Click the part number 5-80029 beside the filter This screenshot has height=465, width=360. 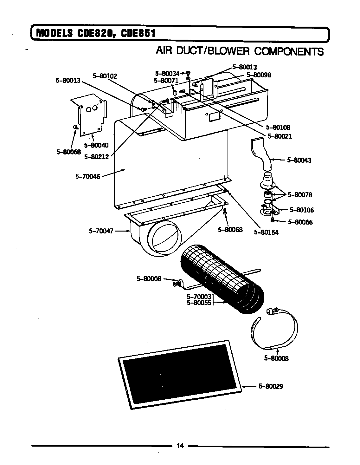(271, 386)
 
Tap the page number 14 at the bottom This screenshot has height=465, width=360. (180, 446)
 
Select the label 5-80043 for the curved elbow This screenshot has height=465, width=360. (299, 160)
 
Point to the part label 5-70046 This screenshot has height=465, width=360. (88, 176)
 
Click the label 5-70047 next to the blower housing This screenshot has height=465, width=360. (101, 231)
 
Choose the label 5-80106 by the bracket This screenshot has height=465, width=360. (301, 210)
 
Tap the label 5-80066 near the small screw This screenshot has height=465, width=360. (300, 222)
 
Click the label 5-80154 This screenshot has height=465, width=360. (266, 232)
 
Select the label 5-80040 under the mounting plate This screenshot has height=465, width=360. (96, 145)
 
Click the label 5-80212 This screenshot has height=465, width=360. (96, 157)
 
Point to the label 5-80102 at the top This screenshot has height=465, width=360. (105, 76)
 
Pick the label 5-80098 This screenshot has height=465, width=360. (259, 75)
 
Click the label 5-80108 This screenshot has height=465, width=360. (278, 128)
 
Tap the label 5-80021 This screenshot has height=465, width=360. (280, 136)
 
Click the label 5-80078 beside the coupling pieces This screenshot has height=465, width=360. (300, 195)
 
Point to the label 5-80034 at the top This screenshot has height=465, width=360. (167, 74)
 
